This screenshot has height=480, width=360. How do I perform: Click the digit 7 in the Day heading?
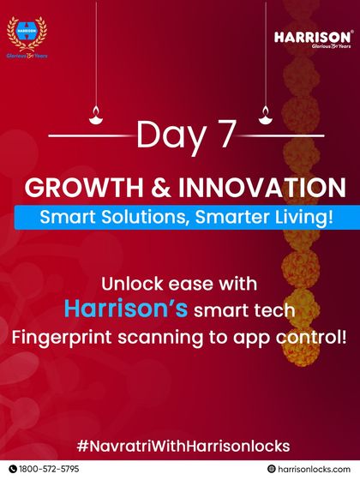coord(225,136)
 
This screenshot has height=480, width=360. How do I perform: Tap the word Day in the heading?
coord(169,136)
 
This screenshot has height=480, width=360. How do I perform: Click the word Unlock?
coord(131,282)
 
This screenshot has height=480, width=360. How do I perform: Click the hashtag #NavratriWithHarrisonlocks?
coord(180,446)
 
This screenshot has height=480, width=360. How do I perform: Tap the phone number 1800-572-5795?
coord(49,469)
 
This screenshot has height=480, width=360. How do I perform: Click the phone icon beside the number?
coord(11,469)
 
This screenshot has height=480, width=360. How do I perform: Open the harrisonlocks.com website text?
coord(314,469)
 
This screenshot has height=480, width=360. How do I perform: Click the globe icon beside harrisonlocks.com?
coord(272,469)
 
